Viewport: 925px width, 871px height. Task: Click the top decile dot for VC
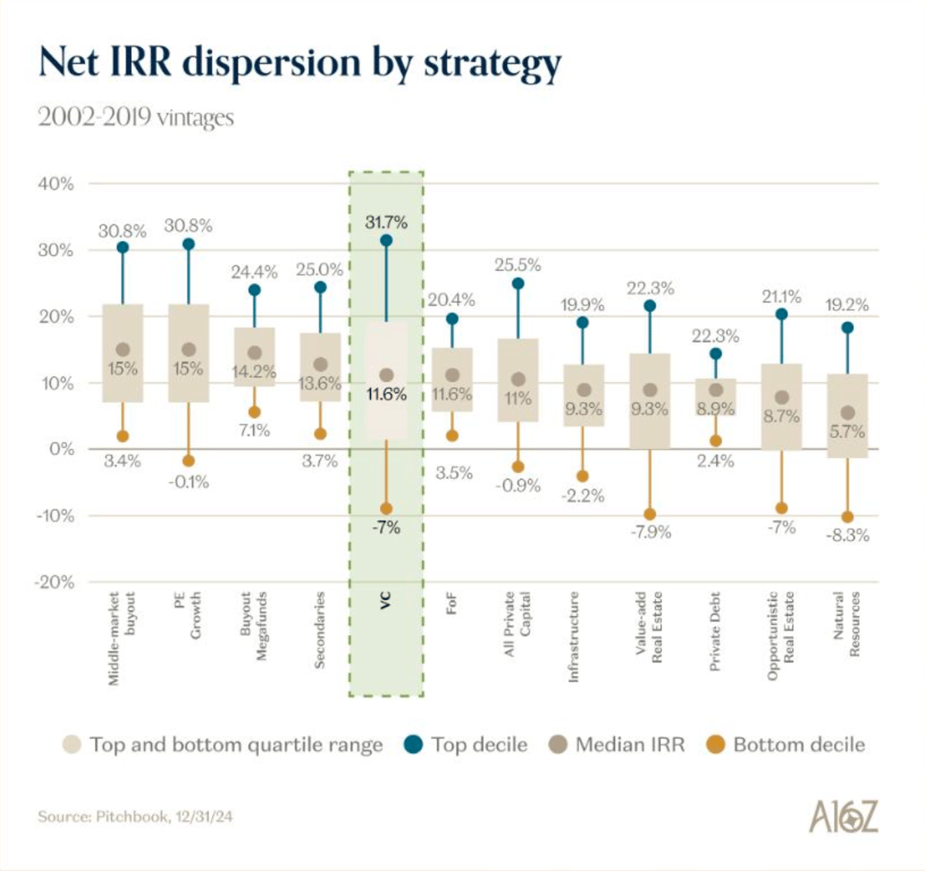(386, 241)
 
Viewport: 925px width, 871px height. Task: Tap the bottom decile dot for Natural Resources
(847, 517)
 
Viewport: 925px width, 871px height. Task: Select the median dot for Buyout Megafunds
(254, 353)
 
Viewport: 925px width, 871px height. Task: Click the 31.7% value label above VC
(386, 222)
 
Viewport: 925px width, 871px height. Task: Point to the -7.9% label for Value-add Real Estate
(650, 532)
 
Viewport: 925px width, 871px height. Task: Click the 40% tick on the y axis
(56, 184)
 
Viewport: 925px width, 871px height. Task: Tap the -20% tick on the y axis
(55, 582)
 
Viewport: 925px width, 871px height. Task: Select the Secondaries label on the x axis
(320, 630)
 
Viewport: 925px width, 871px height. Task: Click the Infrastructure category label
(573, 636)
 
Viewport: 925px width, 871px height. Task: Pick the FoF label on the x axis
(452, 603)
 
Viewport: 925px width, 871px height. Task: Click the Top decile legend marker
(413, 744)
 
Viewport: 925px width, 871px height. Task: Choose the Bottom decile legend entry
(786, 744)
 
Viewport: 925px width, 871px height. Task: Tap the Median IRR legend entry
(617, 744)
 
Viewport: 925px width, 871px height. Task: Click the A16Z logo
(843, 816)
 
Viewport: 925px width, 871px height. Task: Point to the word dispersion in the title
(271, 62)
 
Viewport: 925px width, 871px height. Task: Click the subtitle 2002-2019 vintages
(136, 117)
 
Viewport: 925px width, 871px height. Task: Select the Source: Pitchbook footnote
(135, 816)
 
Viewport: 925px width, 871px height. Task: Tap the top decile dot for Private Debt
(715, 353)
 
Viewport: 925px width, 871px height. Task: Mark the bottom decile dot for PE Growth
(188, 461)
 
